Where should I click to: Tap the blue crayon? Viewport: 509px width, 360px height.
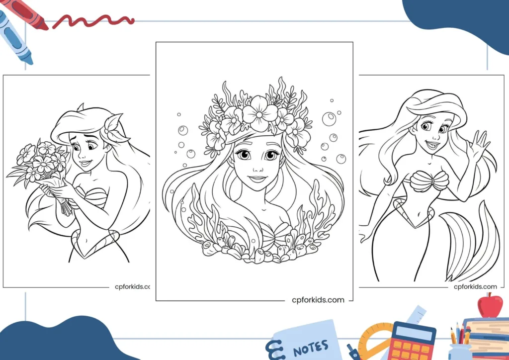(x=14, y=37)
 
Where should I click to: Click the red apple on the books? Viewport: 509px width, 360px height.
(x=490, y=305)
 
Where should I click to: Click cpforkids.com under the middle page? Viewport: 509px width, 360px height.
(x=318, y=300)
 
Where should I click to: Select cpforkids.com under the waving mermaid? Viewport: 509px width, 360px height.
(x=475, y=286)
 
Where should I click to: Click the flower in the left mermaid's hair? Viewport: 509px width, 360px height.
(x=114, y=128)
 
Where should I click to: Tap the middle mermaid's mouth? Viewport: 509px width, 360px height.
(x=258, y=179)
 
